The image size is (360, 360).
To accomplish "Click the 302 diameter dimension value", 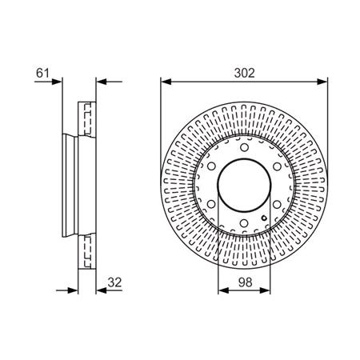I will pos(245,72).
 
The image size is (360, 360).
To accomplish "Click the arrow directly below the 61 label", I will pos(56,81).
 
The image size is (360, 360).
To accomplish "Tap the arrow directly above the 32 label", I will pos(102,290).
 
